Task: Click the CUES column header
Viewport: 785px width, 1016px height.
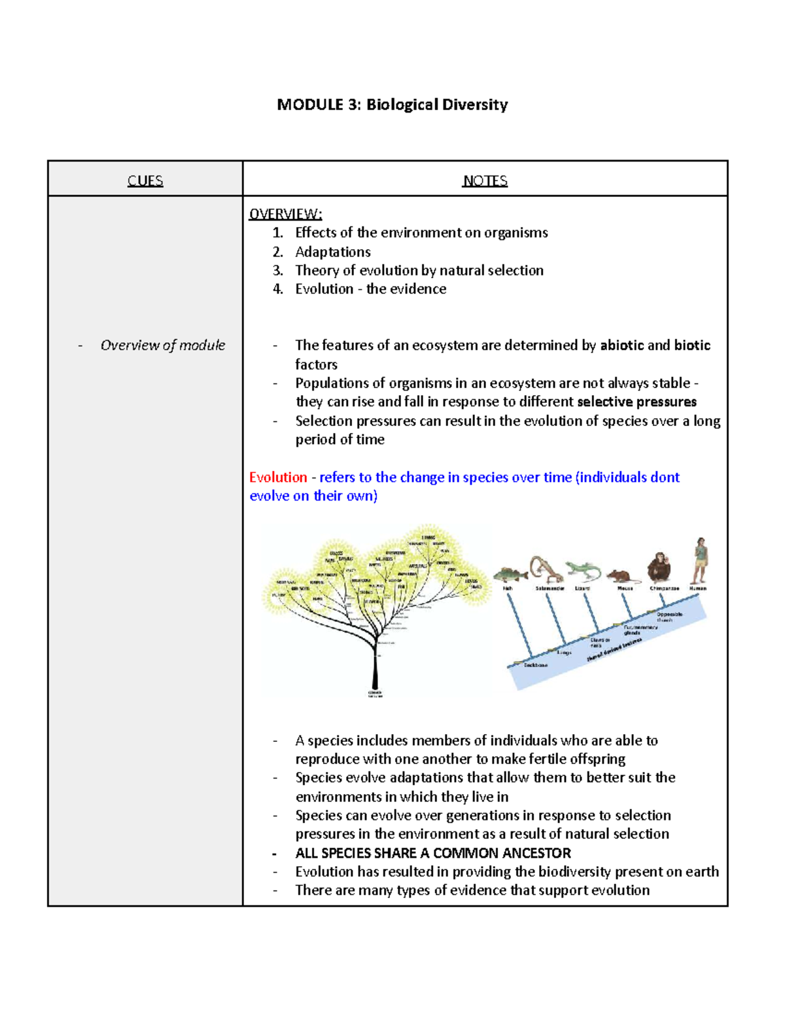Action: click(145, 181)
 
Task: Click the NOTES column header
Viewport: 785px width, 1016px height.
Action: click(485, 181)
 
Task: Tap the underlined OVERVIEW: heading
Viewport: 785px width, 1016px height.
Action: click(285, 214)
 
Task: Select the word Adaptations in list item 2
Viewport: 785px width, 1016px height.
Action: click(332, 252)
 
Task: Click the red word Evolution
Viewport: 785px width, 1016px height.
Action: click(278, 477)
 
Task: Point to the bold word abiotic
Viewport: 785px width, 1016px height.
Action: click(621, 345)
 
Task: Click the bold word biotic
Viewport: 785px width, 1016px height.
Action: click(692, 345)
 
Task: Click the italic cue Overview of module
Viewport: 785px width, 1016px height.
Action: click(162, 345)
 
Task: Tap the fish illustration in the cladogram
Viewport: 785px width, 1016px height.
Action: click(510, 574)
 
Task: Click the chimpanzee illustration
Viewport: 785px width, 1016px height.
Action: click(659, 567)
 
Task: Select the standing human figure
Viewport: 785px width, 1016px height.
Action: click(700, 561)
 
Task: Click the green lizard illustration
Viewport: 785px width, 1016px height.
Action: click(584, 570)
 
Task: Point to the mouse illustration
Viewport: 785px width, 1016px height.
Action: click(623, 576)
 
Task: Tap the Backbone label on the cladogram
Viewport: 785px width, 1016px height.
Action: click(536, 665)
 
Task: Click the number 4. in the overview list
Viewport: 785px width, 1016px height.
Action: click(278, 289)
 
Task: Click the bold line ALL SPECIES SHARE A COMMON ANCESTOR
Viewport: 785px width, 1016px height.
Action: click(432, 853)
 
